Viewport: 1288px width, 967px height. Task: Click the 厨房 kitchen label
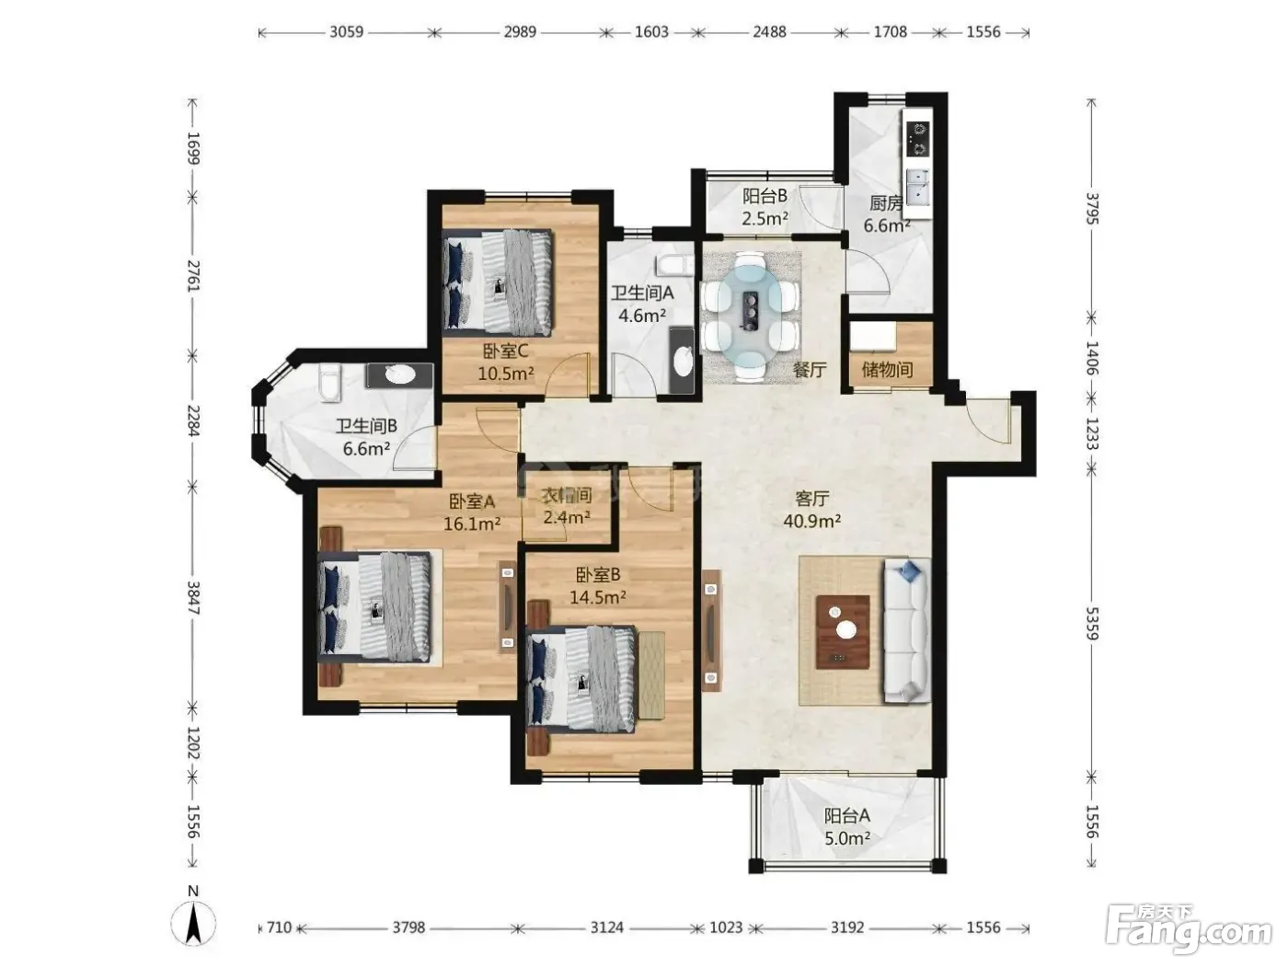click(885, 203)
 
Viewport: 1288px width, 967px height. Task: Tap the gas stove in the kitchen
click(918, 139)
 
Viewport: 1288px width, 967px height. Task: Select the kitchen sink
click(918, 187)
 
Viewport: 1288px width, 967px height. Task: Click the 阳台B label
click(764, 195)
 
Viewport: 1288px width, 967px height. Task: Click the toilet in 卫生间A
click(675, 265)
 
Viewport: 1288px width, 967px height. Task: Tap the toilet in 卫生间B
click(330, 383)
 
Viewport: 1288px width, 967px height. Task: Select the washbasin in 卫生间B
click(399, 374)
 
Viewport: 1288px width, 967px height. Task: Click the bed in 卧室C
click(499, 282)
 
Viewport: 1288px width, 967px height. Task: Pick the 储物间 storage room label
click(887, 369)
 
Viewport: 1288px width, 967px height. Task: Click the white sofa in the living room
click(906, 630)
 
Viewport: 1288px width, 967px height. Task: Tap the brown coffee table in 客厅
click(843, 631)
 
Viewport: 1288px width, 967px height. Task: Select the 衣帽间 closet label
click(566, 496)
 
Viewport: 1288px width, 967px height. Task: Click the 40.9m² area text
click(812, 521)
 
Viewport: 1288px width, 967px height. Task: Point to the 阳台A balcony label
click(846, 815)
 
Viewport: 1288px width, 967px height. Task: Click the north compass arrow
click(193, 923)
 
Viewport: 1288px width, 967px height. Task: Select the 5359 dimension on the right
click(1091, 623)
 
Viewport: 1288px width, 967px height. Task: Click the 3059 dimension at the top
click(346, 31)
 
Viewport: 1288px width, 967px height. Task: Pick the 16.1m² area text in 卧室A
click(472, 523)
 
